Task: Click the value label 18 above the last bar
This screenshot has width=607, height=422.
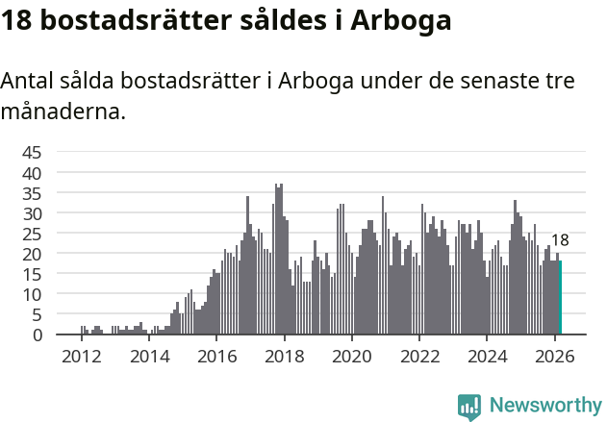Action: [x=560, y=240]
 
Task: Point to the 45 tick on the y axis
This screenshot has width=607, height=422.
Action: [x=32, y=152]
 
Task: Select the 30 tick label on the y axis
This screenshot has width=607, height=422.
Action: [x=32, y=212]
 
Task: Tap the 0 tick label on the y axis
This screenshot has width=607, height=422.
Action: [x=38, y=335]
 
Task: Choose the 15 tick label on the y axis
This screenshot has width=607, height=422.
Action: [x=32, y=274]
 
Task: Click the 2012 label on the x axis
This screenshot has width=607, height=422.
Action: [x=81, y=355]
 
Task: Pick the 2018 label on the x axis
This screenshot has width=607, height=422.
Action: [x=284, y=355]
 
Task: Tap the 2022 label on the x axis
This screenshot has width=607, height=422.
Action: [x=419, y=355]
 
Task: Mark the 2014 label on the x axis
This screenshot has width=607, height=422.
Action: [x=148, y=355]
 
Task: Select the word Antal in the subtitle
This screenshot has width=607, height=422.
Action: [x=28, y=81]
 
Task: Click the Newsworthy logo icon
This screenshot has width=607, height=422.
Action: [x=469, y=406]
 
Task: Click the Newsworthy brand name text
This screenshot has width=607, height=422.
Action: [x=544, y=406]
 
